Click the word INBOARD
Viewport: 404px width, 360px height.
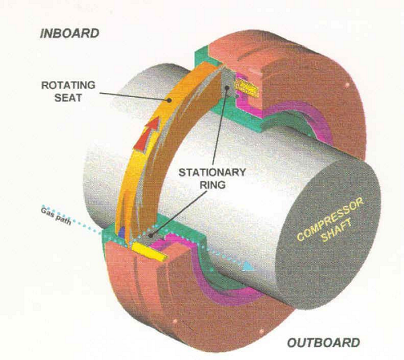(69, 33)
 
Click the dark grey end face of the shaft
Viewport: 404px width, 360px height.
(323, 229)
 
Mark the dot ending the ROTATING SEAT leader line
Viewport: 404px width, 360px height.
(170, 100)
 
